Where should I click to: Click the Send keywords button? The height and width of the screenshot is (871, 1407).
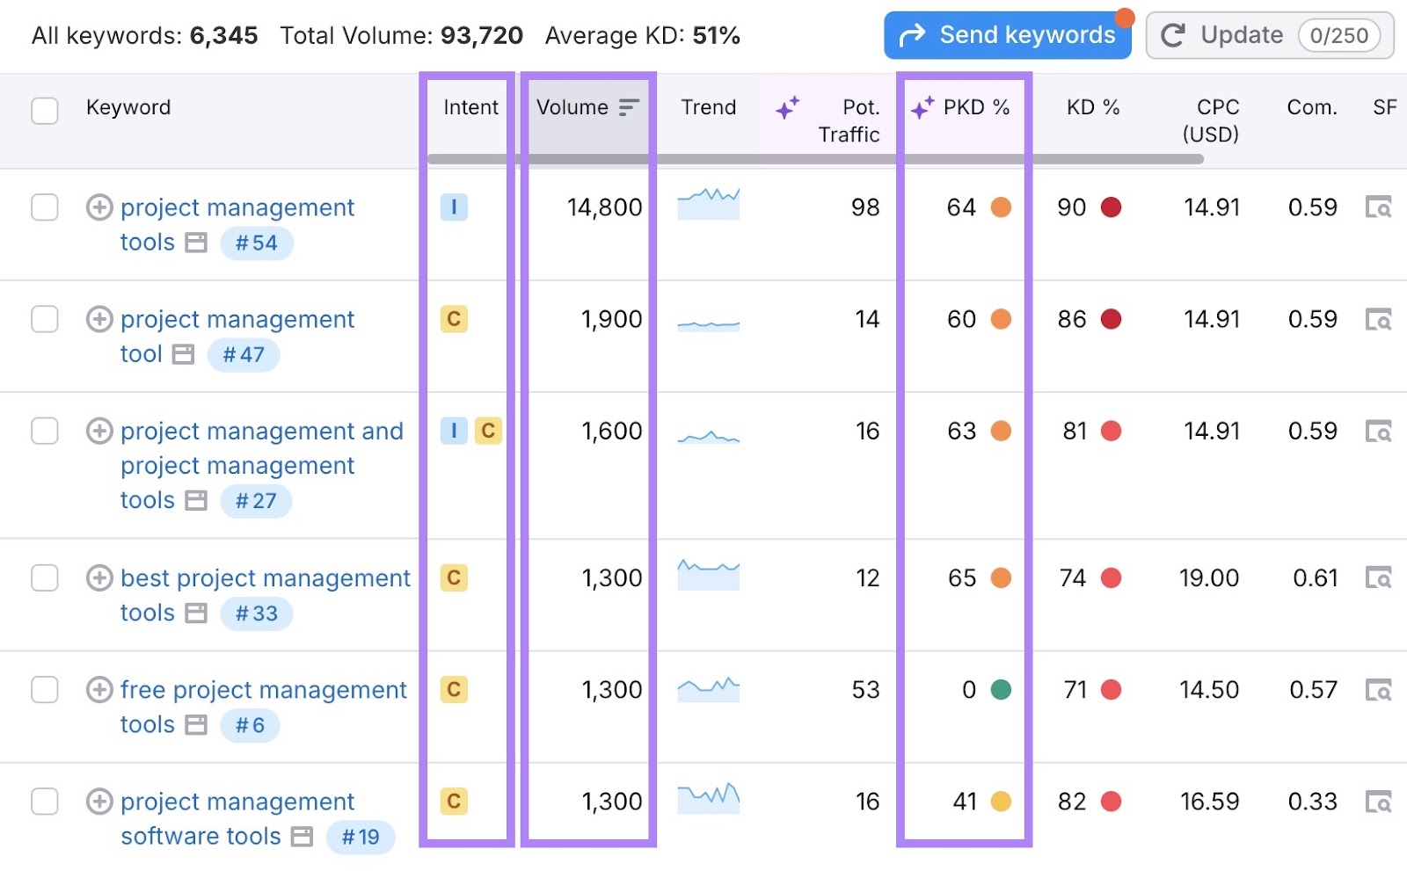(x=1008, y=35)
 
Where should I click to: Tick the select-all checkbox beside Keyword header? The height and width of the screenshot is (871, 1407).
(x=45, y=111)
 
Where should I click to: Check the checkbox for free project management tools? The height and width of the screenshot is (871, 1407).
(x=45, y=690)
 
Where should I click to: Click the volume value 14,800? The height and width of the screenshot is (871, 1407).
(x=604, y=207)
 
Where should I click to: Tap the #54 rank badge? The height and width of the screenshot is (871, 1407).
(x=256, y=243)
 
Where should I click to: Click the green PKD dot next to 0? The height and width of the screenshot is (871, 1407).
(x=1001, y=690)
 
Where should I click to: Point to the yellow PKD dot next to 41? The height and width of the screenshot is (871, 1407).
(x=1001, y=802)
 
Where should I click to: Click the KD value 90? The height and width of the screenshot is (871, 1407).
(x=1071, y=207)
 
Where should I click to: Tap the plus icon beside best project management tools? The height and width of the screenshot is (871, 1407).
(x=99, y=578)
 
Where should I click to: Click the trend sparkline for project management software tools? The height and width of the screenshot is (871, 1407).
(x=708, y=797)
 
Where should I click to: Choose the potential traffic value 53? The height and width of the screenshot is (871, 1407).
(x=865, y=690)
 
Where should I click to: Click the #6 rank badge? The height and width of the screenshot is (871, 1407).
(x=250, y=726)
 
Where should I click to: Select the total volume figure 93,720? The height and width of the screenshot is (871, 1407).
(x=481, y=36)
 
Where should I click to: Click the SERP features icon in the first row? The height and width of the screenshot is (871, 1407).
(x=1378, y=207)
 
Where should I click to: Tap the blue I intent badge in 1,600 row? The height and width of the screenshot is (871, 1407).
(x=454, y=431)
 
